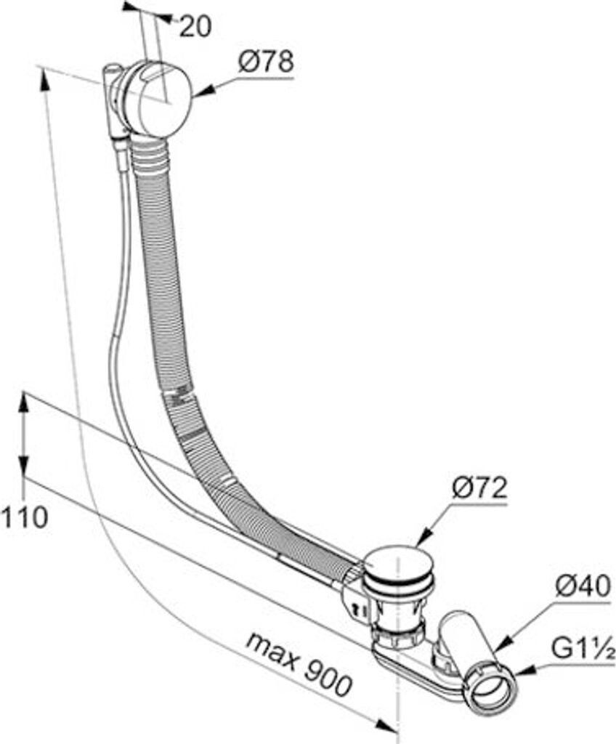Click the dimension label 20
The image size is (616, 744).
(195, 27)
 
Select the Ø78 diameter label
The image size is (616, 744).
(266, 62)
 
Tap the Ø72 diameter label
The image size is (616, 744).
(479, 488)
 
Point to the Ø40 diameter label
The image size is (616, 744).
(583, 587)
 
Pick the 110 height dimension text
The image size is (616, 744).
(24, 517)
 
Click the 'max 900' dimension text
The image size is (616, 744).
(299, 663)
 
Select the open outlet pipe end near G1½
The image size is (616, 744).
(493, 688)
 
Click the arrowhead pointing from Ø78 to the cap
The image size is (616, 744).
(197, 92)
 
